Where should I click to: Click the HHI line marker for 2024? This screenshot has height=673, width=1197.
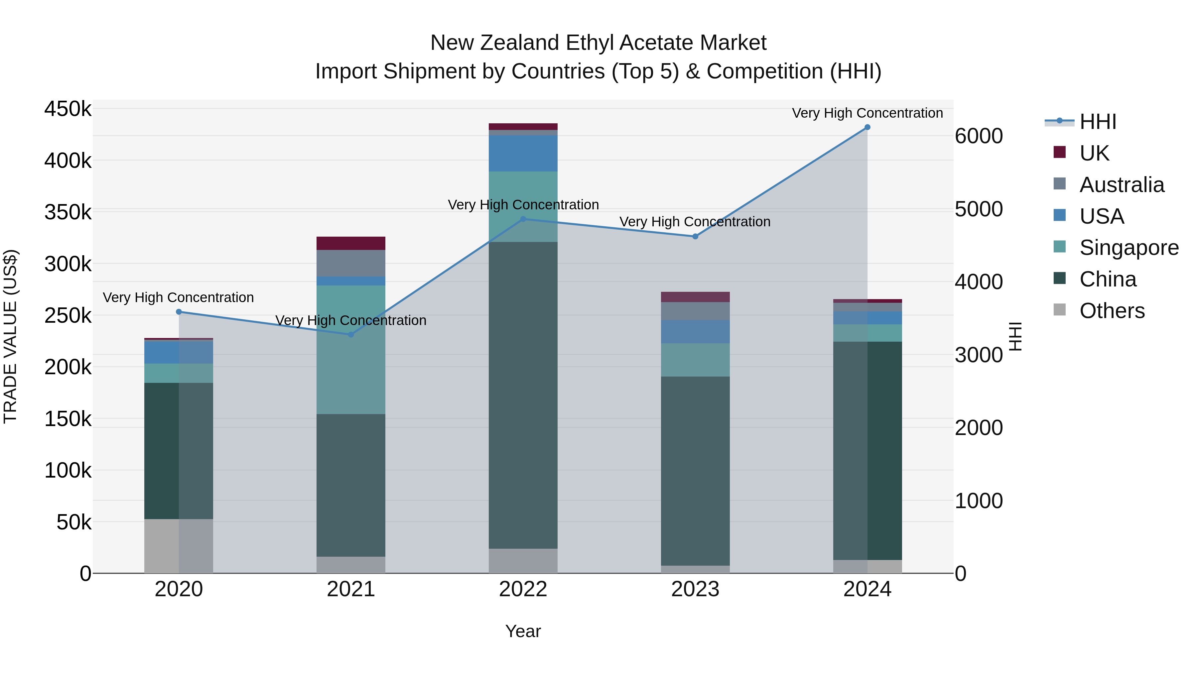point(867,127)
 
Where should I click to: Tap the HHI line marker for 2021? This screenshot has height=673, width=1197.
point(351,334)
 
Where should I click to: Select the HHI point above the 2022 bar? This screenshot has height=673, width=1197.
point(523,219)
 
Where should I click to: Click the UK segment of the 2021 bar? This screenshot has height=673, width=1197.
point(351,243)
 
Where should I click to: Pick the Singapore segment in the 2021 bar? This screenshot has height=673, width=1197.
point(351,349)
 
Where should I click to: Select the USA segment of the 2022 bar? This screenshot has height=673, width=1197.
point(523,154)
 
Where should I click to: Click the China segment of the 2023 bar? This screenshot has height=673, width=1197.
point(695,471)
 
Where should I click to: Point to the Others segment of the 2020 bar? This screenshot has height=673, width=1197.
point(179,546)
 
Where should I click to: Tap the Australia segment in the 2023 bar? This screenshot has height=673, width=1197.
point(695,311)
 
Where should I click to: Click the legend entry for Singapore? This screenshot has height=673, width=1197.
point(1129,248)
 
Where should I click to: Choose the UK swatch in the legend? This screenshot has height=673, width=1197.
point(1060,152)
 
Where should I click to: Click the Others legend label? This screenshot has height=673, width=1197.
point(1112,311)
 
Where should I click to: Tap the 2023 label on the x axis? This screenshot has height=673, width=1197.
point(695,589)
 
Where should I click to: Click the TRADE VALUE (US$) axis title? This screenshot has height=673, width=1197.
point(10,336)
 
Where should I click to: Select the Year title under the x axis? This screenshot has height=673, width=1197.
point(523,631)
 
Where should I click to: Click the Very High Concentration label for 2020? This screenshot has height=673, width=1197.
point(179,297)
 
